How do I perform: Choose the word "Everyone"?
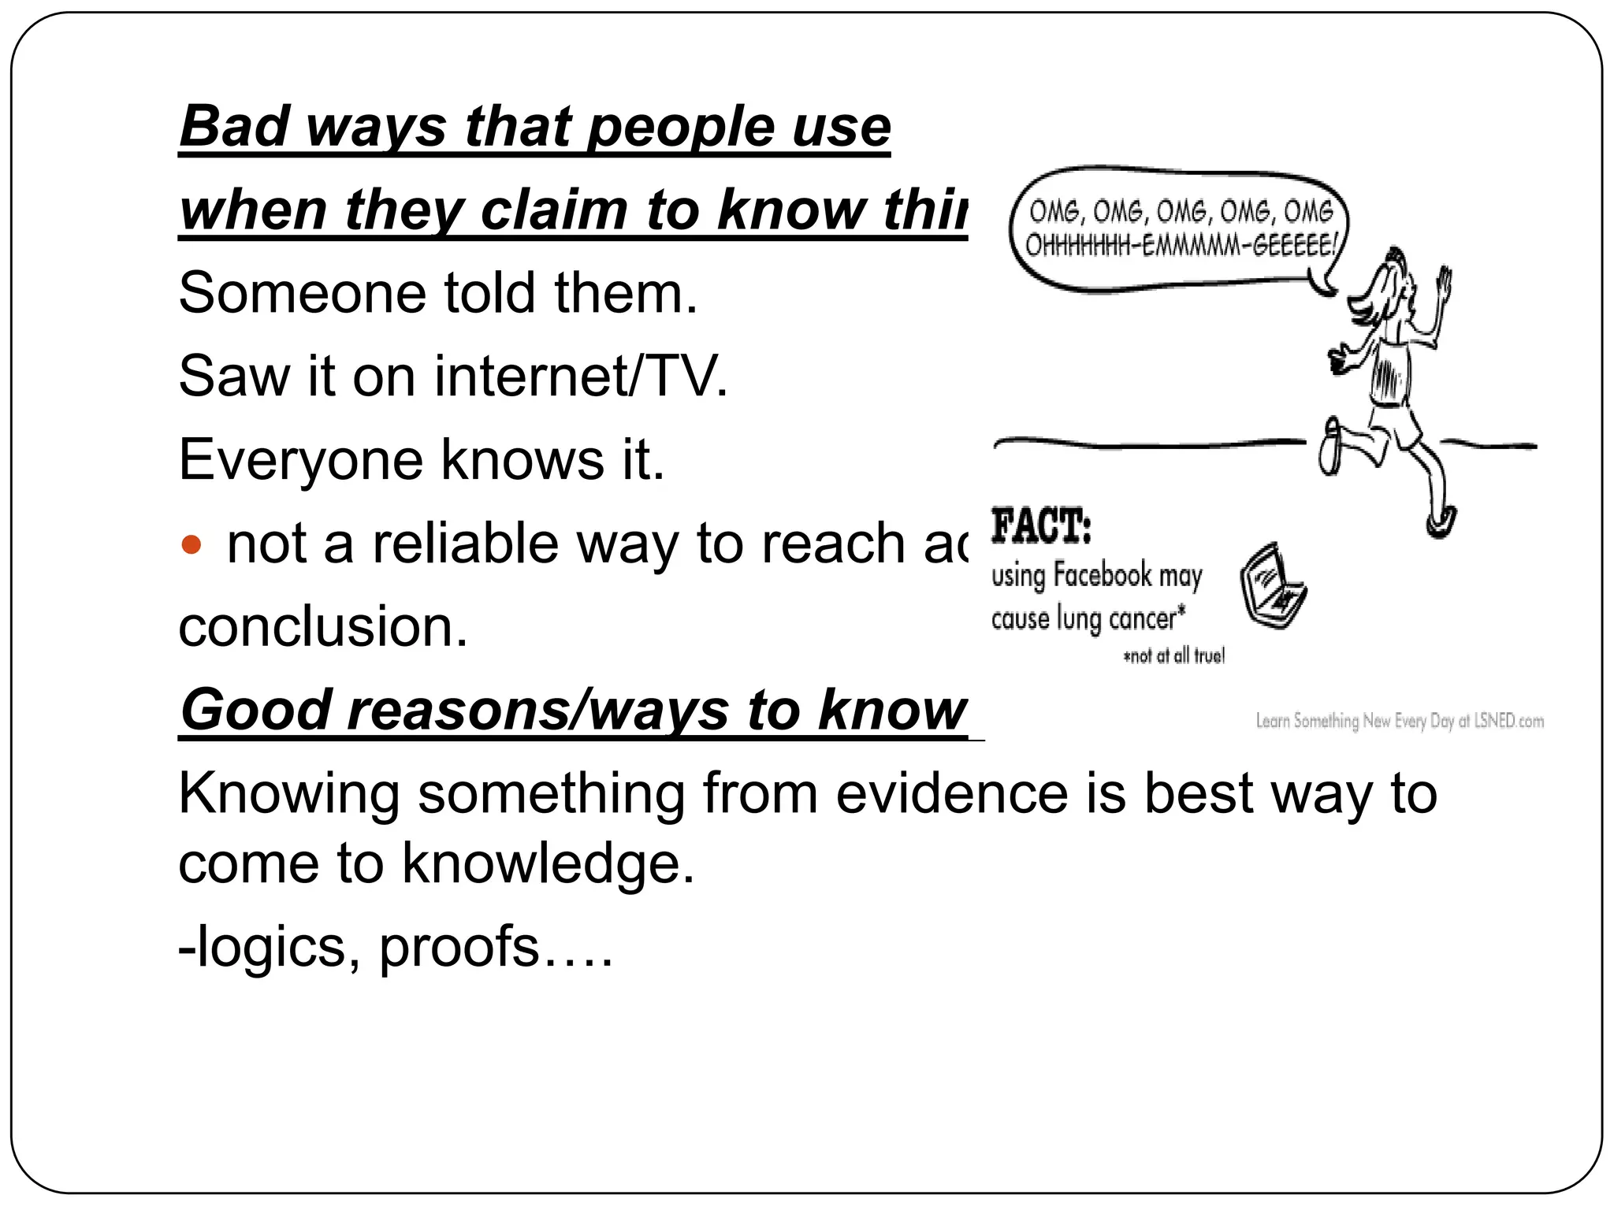click(x=300, y=460)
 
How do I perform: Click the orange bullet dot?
click(x=191, y=544)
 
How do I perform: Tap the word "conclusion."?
click(x=323, y=627)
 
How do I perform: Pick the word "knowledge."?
click(x=548, y=864)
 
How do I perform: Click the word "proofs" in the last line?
click(x=459, y=947)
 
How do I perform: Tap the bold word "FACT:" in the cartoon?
click(x=1040, y=526)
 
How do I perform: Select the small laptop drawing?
click(x=1271, y=585)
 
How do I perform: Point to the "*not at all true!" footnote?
click(x=1173, y=656)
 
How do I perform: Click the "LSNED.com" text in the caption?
click(x=1508, y=721)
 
